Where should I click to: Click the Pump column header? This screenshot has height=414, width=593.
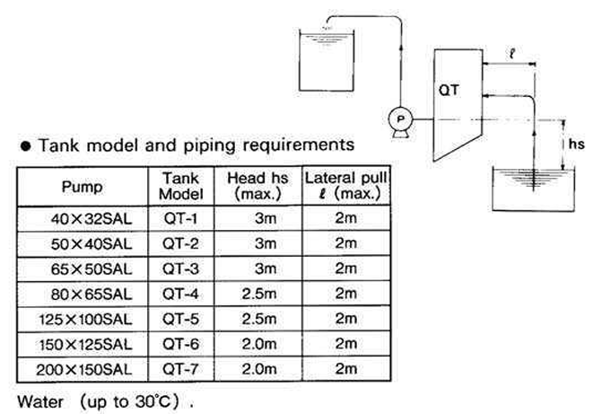pos(82,188)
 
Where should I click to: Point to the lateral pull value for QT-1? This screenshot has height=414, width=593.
pos(344,218)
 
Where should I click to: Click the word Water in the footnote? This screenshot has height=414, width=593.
pos(37,398)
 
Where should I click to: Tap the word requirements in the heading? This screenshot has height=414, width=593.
pos(296,144)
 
